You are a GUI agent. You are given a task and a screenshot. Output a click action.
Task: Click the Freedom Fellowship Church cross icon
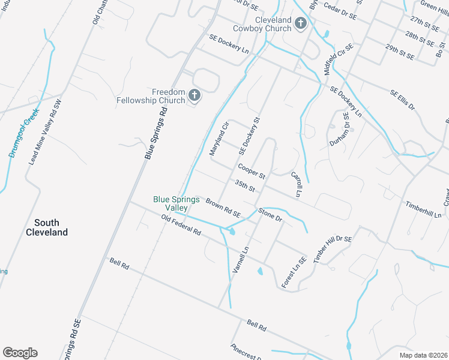(x=194, y=95)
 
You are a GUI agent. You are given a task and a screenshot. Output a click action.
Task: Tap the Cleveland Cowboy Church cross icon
(x=301, y=23)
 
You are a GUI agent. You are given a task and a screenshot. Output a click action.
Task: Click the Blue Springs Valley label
(x=176, y=203)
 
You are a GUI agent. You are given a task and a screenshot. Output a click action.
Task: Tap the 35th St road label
(x=246, y=186)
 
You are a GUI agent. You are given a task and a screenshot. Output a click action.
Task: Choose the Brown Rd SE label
(x=223, y=208)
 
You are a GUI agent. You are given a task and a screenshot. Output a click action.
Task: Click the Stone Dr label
(x=270, y=214)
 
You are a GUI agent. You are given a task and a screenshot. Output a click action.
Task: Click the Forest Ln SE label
(x=294, y=271)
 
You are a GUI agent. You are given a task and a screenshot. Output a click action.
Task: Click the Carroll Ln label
(x=295, y=185)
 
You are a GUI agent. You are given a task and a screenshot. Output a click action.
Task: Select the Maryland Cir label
(x=220, y=139)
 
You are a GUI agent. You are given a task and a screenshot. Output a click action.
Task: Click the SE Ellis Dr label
(x=402, y=100)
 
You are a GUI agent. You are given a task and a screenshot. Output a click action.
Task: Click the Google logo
(x=20, y=353)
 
